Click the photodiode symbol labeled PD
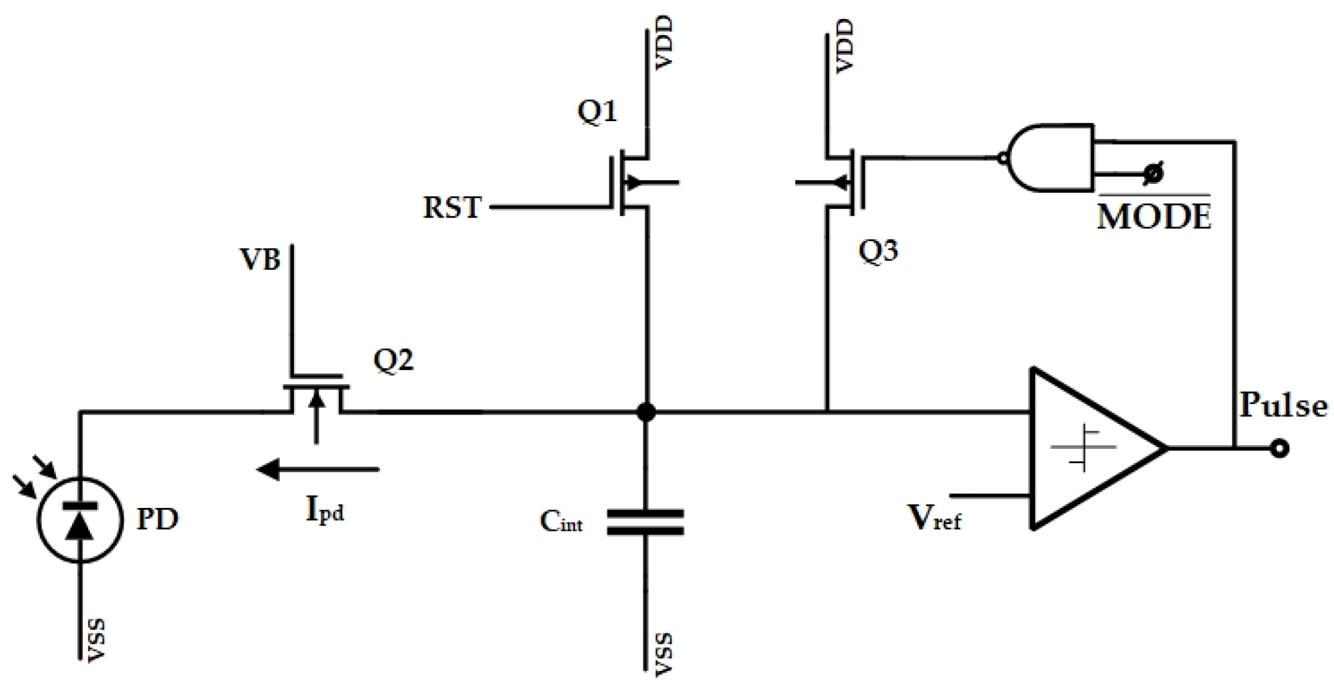[79, 520]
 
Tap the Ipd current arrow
[318, 470]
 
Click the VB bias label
[260, 260]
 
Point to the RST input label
[451, 207]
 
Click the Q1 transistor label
[597, 113]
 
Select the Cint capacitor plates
[645, 522]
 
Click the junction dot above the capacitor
[646, 412]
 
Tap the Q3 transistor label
[878, 251]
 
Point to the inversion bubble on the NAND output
[1003, 158]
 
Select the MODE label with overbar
[1154, 215]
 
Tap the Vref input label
[934, 518]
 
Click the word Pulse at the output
[1283, 406]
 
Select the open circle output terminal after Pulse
[1279, 449]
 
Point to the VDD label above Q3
[846, 46]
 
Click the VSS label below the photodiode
[97, 641]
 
